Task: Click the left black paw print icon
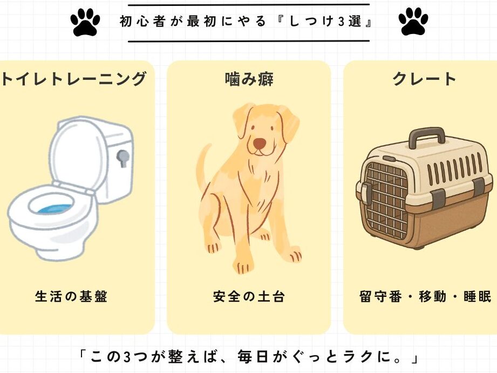(85, 21)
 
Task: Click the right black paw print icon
(413, 21)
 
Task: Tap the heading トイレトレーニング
(74, 79)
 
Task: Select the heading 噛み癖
(249, 79)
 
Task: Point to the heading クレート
(424, 79)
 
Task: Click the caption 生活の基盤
(71, 296)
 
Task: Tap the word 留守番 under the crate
(380, 296)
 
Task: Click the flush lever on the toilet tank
(122, 158)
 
